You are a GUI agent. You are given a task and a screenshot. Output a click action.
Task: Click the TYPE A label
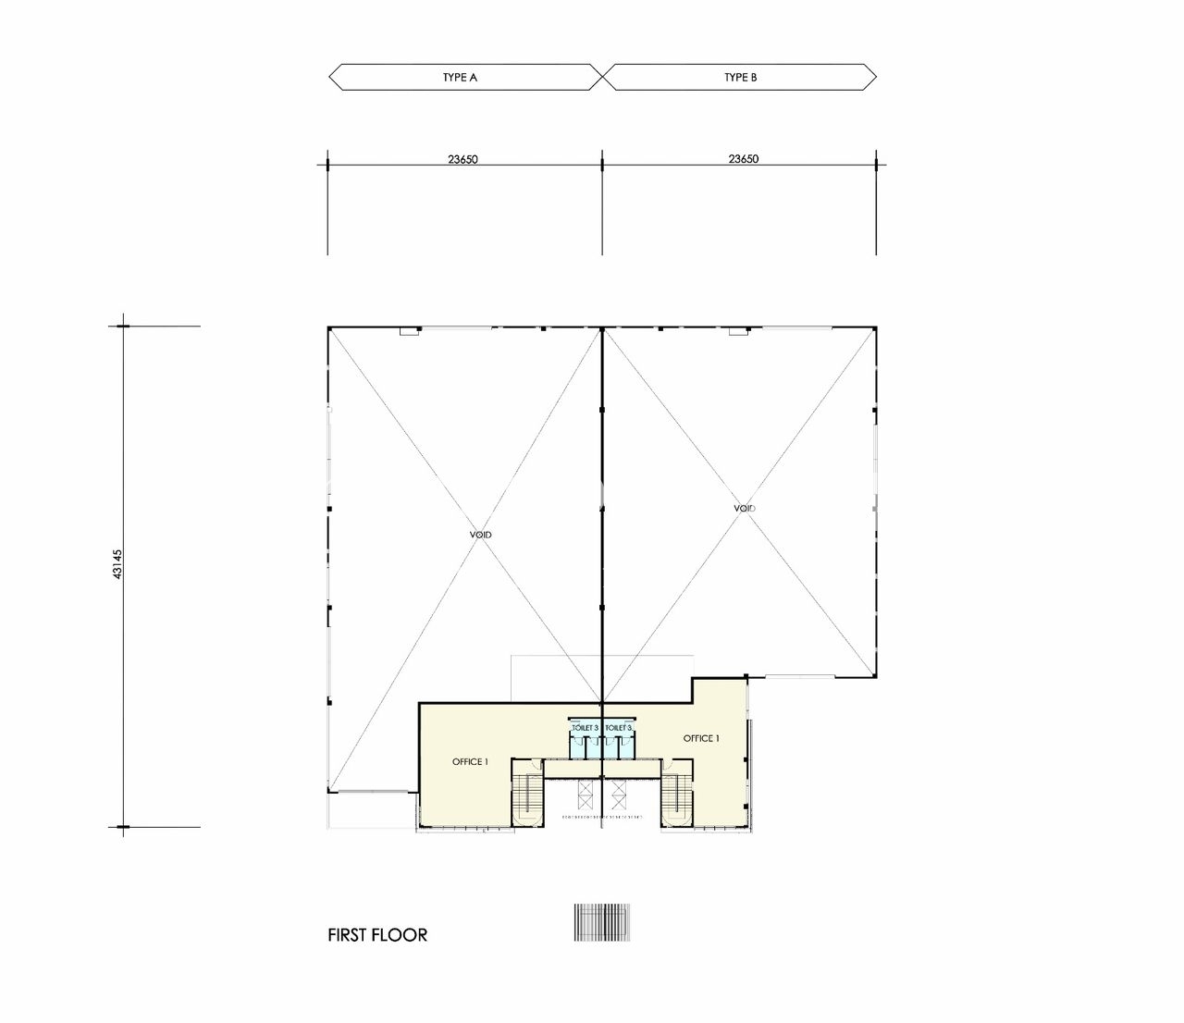(x=460, y=78)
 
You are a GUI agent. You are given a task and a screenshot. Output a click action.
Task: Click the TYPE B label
(x=740, y=78)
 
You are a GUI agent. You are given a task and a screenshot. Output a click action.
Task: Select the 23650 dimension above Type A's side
(x=462, y=159)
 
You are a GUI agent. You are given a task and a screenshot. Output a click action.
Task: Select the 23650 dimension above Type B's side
(x=744, y=159)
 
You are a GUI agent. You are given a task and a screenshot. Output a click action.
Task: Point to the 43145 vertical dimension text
(x=117, y=564)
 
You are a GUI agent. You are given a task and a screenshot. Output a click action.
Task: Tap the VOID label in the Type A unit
(x=481, y=535)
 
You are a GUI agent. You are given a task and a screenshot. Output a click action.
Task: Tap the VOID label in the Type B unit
(x=745, y=508)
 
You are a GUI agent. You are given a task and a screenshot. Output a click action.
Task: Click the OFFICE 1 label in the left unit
(x=470, y=762)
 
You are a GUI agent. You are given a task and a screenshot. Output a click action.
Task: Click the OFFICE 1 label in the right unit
(x=701, y=738)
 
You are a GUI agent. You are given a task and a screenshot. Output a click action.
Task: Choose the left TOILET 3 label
(x=585, y=727)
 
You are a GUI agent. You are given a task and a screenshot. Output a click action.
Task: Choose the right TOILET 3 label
(x=619, y=727)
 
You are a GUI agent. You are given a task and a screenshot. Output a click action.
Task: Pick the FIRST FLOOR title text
(x=377, y=935)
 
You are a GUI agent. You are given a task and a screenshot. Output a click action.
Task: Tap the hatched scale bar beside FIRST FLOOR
(x=602, y=923)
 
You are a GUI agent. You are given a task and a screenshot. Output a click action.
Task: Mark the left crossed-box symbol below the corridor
(x=585, y=795)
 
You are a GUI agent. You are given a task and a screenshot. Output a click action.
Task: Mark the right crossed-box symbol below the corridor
(x=619, y=795)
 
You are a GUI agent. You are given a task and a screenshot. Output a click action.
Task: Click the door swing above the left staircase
(x=536, y=764)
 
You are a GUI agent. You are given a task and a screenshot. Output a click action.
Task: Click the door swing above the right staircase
(x=667, y=764)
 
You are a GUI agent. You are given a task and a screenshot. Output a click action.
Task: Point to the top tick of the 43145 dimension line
(x=123, y=327)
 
